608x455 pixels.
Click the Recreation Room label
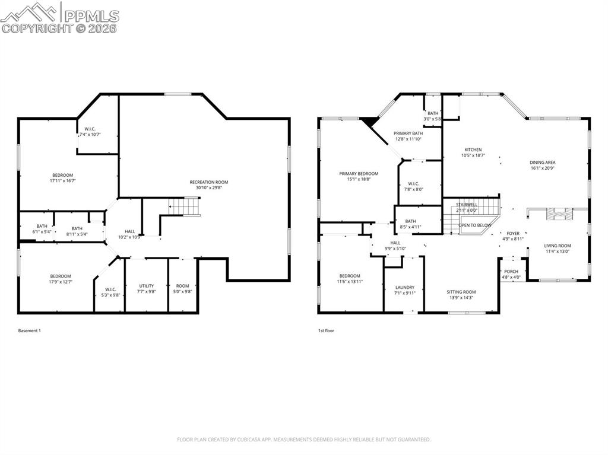pyautogui.click(x=208, y=182)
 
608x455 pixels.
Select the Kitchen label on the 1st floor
pyautogui.click(x=473, y=149)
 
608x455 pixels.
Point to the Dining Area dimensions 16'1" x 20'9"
pyautogui.click(x=543, y=168)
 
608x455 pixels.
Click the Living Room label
pyautogui.click(x=557, y=246)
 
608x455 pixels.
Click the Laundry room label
pyautogui.click(x=404, y=288)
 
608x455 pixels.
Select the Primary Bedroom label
pyautogui.click(x=359, y=174)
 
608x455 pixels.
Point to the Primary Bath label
pyautogui.click(x=408, y=133)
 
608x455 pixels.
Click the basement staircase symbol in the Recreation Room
pyautogui.click(x=184, y=206)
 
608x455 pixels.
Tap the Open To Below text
pyautogui.click(x=475, y=225)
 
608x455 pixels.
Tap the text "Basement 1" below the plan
pyautogui.click(x=30, y=330)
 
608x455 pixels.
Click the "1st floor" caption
pyautogui.click(x=326, y=330)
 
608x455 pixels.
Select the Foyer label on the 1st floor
pyautogui.click(x=512, y=234)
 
